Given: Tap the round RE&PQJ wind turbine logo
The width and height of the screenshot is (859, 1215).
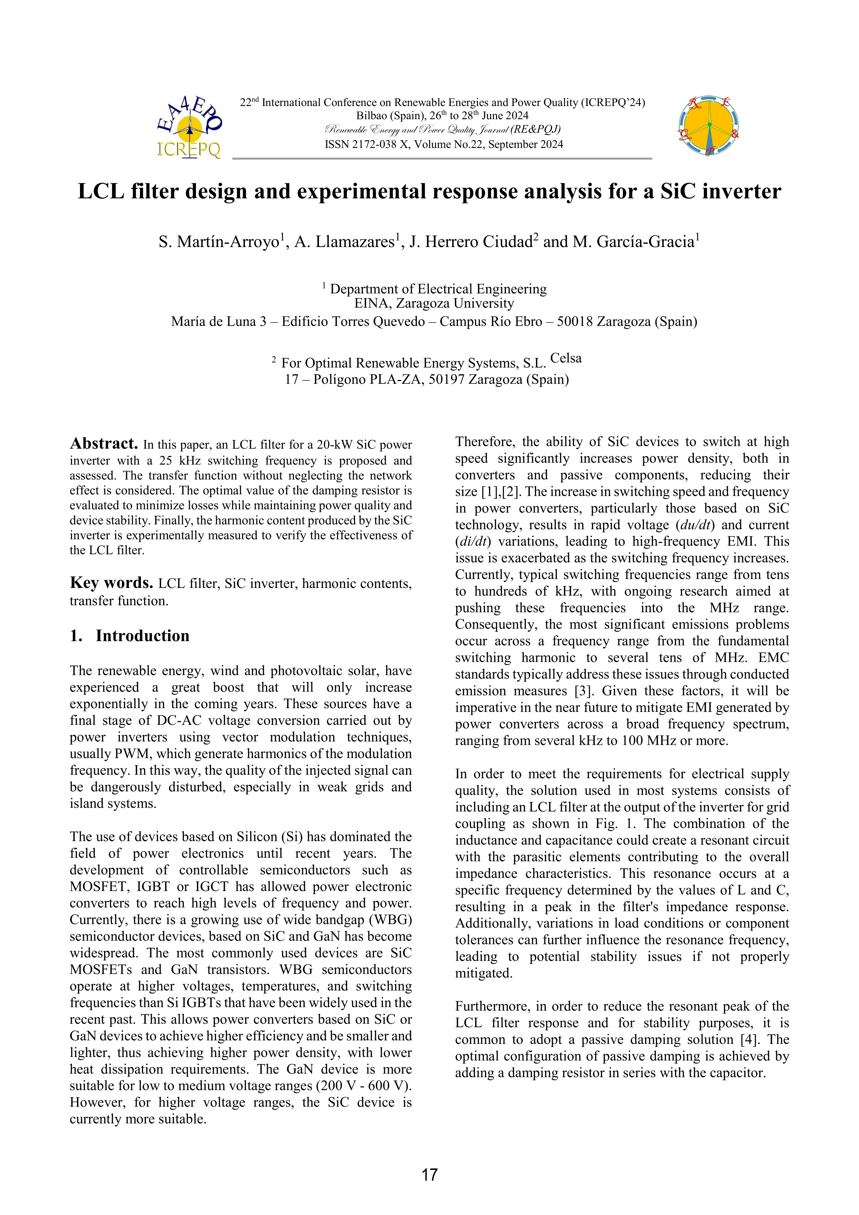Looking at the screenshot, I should click(x=708, y=126).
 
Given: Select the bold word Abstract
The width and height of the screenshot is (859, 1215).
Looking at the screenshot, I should click(x=104, y=443).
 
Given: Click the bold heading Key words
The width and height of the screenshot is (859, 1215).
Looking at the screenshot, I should click(x=112, y=583).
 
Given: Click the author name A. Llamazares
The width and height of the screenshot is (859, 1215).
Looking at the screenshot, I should click(x=344, y=242).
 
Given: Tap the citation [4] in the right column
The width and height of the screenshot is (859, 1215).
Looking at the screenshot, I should click(x=750, y=1039).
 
